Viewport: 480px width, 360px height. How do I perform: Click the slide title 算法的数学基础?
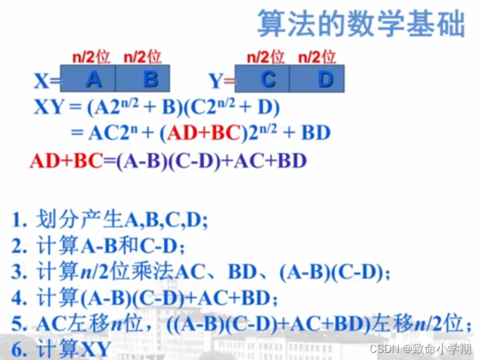(360, 24)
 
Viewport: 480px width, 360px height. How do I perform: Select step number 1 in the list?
(20, 220)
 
